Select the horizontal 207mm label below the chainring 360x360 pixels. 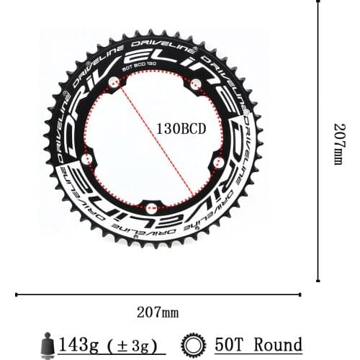(158, 312)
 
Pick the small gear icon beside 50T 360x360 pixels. (194, 345)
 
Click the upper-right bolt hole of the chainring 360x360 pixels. (194, 87)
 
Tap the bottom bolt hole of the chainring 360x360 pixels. (150, 208)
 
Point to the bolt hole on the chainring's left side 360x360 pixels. (87, 158)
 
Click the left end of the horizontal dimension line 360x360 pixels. (16, 294)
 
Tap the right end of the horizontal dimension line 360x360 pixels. (300, 294)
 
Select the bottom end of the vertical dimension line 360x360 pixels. (318, 281)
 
